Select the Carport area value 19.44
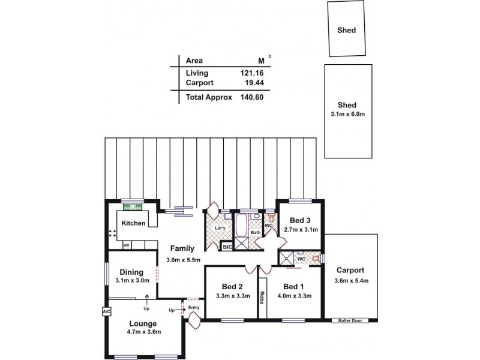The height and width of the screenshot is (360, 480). click(253, 82)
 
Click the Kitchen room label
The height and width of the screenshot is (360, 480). click(133, 223)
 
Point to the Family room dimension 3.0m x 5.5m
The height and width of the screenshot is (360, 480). click(183, 259)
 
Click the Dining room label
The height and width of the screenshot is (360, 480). click(131, 272)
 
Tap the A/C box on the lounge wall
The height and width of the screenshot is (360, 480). click(106, 312)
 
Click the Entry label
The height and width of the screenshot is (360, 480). click(193, 308)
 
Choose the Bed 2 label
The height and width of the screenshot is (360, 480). click(231, 286)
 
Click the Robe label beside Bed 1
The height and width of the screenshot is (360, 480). click(262, 298)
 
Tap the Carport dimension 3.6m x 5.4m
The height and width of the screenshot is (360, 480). click(351, 280)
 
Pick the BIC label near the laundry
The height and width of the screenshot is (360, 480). click(227, 247)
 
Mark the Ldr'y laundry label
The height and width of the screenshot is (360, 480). click(219, 229)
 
